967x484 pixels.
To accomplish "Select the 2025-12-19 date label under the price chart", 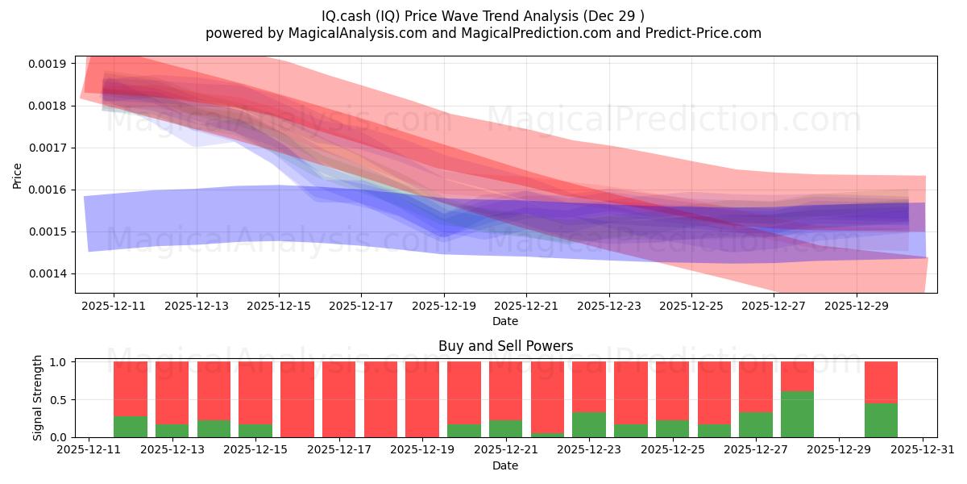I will (443, 307).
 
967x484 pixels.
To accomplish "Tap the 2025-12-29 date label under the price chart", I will (856, 307).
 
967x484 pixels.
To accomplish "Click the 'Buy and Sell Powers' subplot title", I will (505, 346).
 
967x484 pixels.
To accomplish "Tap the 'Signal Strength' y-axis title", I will (37, 398).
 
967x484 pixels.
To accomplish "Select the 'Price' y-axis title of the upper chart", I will (18, 174).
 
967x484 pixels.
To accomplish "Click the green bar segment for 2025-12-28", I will (797, 414).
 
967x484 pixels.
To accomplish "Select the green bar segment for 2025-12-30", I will (881, 420).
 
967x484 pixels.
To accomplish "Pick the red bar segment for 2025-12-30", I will (881, 382).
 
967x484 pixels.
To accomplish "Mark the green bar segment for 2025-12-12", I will (131, 427).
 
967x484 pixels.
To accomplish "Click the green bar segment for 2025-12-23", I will (589, 424).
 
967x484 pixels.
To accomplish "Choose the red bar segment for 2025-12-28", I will (797, 376).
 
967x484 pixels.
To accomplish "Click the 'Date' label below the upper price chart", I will (505, 321).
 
